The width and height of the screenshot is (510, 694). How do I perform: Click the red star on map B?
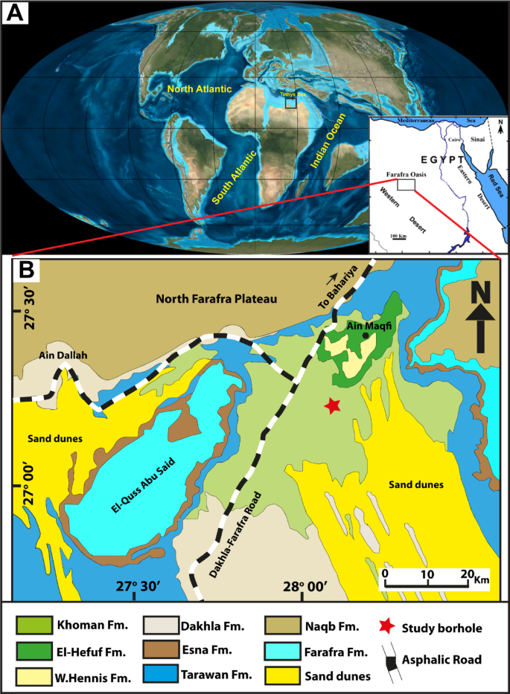pos(333,405)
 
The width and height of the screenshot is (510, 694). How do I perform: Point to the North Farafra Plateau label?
pos(217,299)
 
